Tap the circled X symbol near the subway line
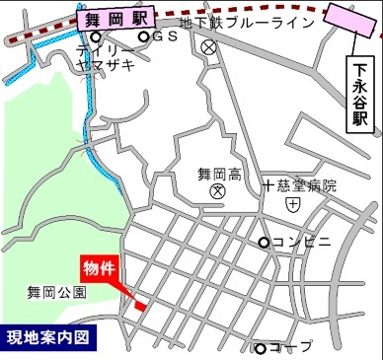coord(207,46)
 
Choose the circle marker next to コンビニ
coord(264,243)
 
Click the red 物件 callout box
coord(100,267)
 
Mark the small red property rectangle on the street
coord(140,307)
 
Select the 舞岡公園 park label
coord(56,292)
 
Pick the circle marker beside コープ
coord(261,347)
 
